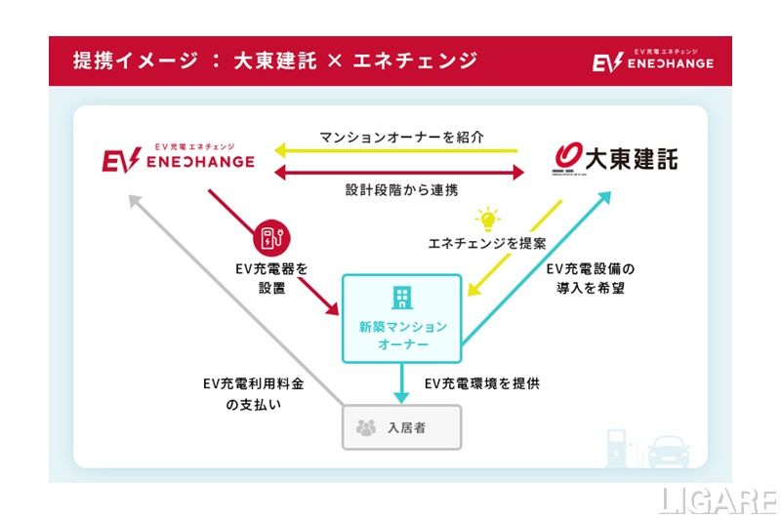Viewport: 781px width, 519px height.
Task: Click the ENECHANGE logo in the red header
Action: [652, 60]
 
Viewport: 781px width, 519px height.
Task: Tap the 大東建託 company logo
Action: [614, 157]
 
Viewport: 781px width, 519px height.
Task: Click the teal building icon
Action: [401, 298]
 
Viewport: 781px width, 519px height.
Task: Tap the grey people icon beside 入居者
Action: [366, 427]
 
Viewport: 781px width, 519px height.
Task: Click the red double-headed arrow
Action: [400, 173]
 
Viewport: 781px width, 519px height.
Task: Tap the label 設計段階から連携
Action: [401, 192]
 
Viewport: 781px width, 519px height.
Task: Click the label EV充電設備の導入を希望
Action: [590, 276]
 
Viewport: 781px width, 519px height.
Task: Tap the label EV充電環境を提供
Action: [481, 383]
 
